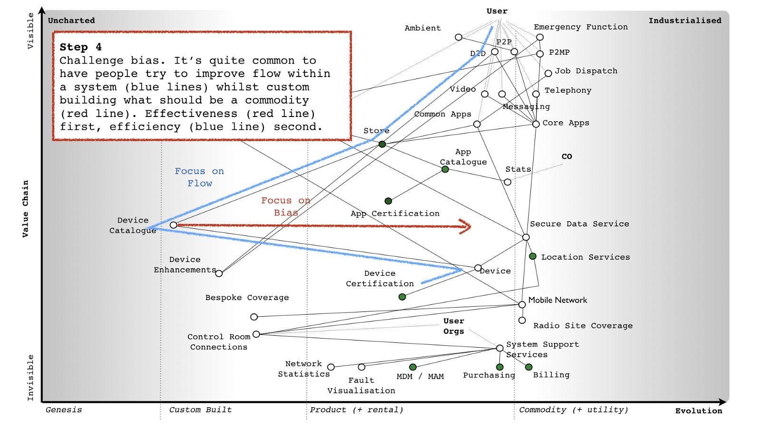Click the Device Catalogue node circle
click(x=174, y=225)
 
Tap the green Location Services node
click(x=533, y=256)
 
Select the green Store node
click(x=382, y=144)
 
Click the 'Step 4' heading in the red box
click(x=80, y=47)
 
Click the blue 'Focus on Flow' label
click(x=199, y=177)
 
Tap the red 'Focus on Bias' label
click(x=285, y=206)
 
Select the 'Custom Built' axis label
click(x=200, y=410)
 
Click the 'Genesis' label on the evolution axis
click(x=64, y=410)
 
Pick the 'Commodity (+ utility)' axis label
click(x=573, y=410)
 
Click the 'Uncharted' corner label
click(x=71, y=20)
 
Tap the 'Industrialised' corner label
click(x=685, y=20)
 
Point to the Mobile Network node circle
click(x=522, y=304)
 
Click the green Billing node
click(x=528, y=367)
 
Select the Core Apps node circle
click(x=536, y=124)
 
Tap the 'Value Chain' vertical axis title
click(x=25, y=208)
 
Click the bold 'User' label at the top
click(x=497, y=11)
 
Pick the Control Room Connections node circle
click(x=256, y=334)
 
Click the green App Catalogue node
click(x=445, y=169)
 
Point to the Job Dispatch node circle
click(x=548, y=73)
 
